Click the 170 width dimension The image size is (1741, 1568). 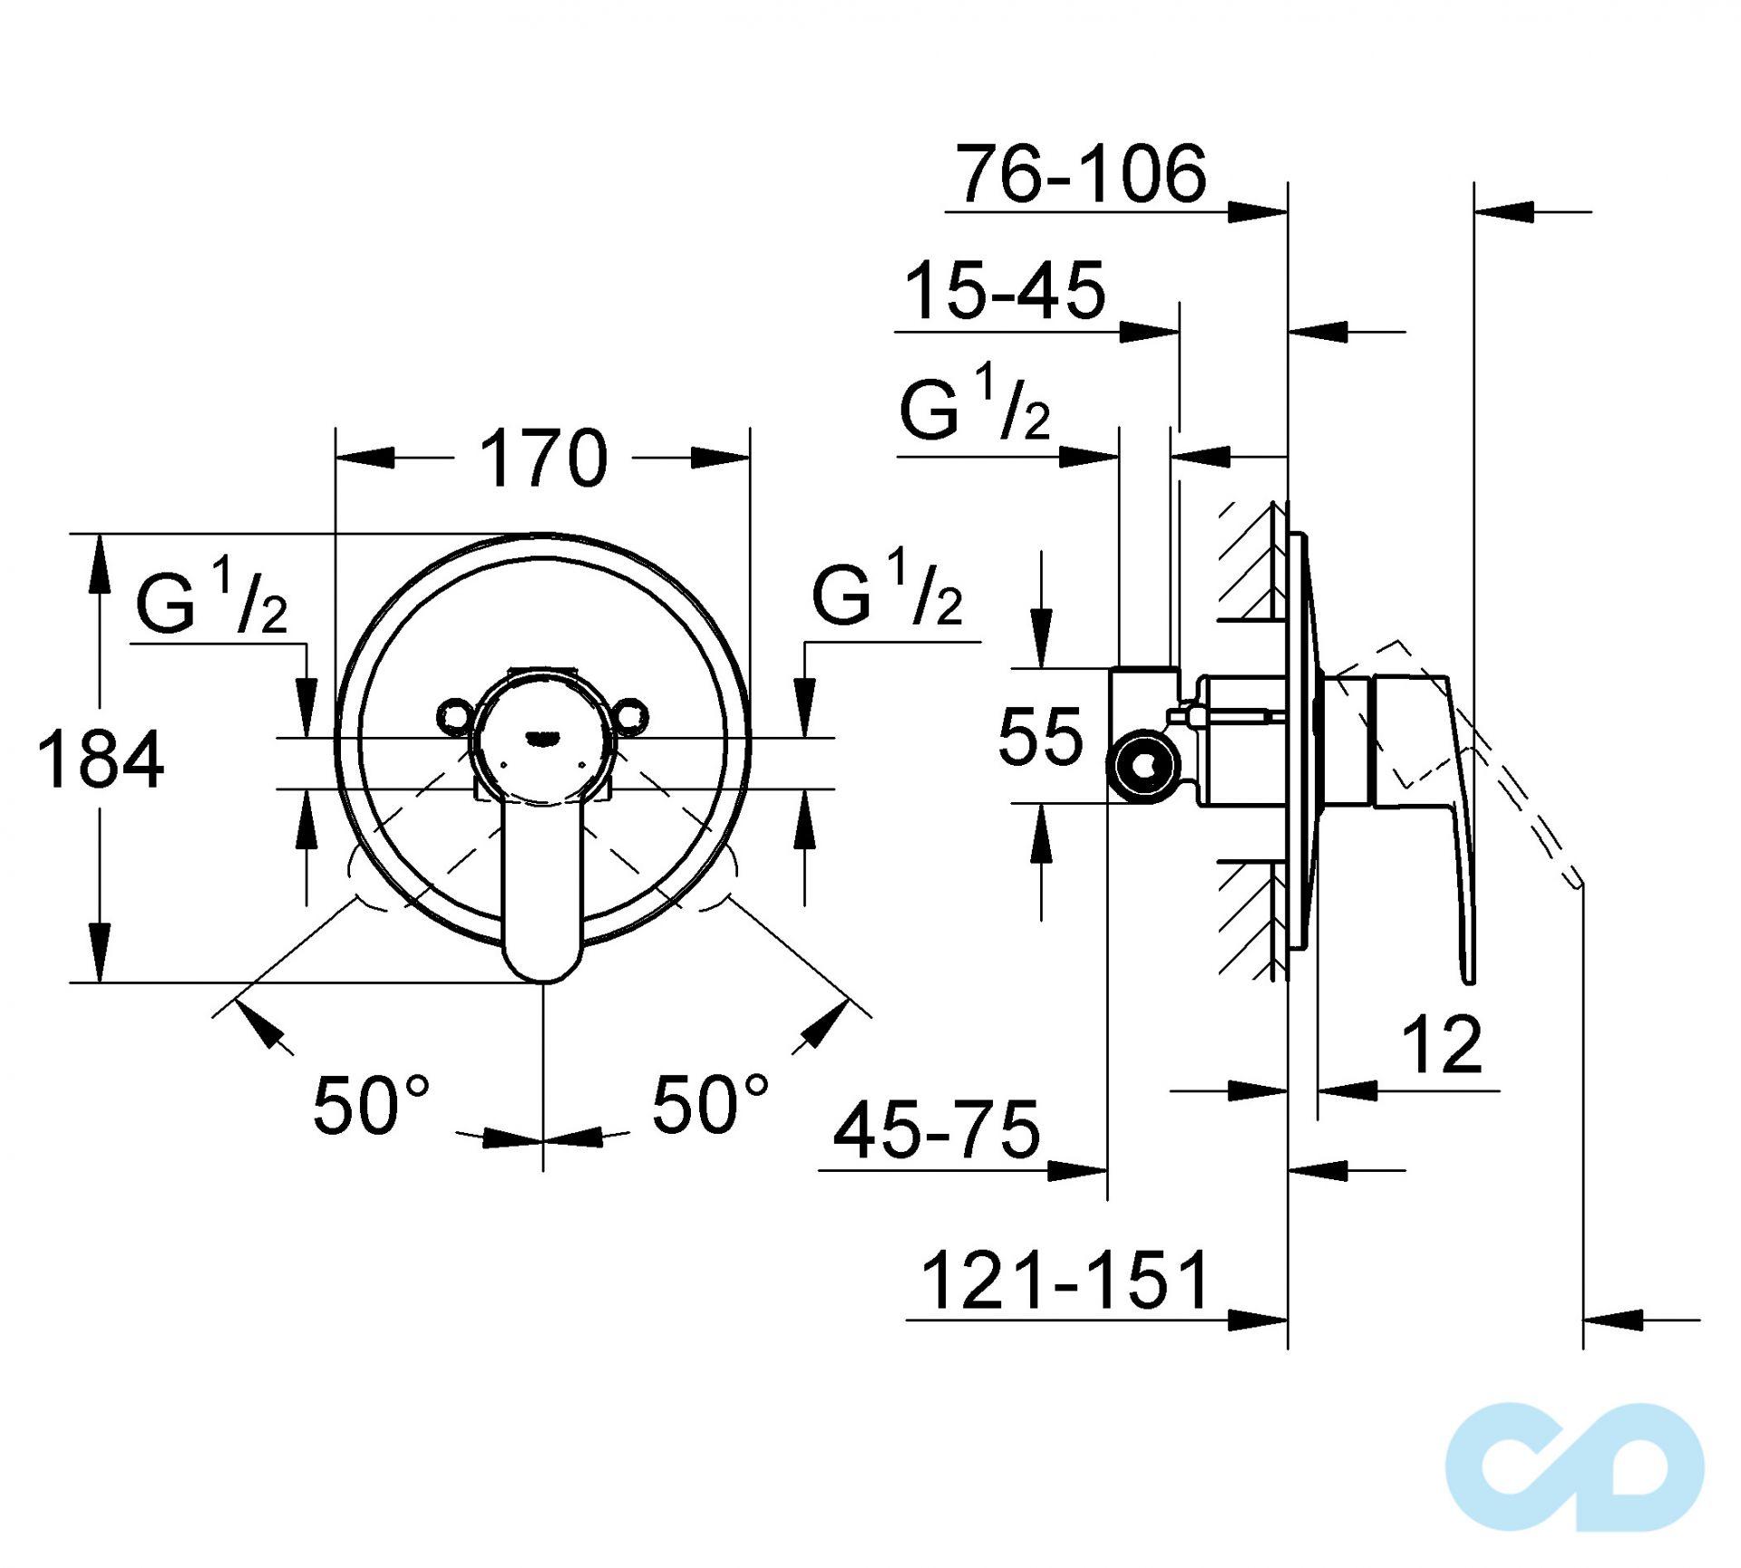pos(542,459)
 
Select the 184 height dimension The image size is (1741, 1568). pos(101,760)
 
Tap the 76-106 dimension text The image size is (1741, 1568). pos(1081,174)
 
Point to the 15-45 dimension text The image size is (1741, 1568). pos(1006,291)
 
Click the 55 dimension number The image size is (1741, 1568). pos(1040,737)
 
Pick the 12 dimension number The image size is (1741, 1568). pos(1442,1045)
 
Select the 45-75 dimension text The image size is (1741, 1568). pos(937,1130)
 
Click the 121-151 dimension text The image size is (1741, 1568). pos(1065,1281)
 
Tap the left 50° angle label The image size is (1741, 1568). pos(370,1106)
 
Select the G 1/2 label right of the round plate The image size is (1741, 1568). pos(887,591)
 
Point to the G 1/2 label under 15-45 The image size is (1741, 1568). pos(975,404)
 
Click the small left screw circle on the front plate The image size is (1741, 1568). pos(454,717)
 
